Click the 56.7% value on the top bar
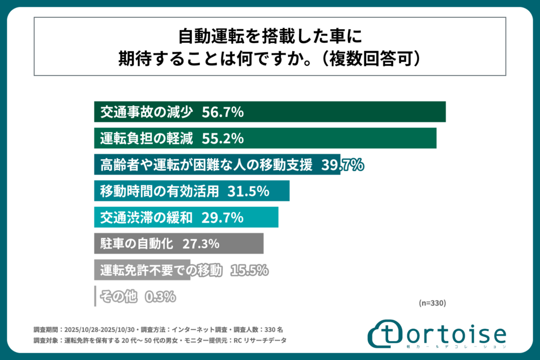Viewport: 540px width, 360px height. click(x=223, y=112)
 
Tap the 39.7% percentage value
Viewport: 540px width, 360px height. click(x=342, y=165)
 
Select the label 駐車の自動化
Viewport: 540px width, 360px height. click(x=137, y=243)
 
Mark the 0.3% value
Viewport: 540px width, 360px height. click(x=160, y=296)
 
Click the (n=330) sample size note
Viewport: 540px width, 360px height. click(x=432, y=303)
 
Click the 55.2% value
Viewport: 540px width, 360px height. click(x=223, y=139)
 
